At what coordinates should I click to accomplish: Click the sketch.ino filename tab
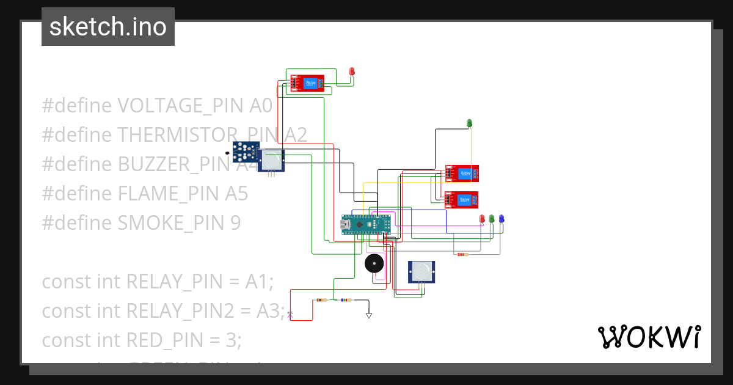pos(108,27)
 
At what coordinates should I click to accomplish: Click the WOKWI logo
pos(649,337)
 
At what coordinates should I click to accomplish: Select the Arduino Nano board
pos(365,224)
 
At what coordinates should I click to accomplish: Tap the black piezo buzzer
pos(374,264)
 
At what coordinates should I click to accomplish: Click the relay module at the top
pos(307,83)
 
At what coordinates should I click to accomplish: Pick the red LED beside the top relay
pos(352,72)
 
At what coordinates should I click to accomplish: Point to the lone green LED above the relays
pos(470,123)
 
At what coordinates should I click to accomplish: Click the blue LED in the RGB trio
pos(501,219)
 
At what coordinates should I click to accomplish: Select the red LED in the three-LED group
pos(482,219)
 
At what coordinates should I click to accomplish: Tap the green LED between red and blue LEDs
pos(492,219)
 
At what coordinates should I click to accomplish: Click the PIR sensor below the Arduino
pos(422,271)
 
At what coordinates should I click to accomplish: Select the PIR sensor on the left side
pos(272,160)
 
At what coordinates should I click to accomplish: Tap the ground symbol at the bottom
pos(368,315)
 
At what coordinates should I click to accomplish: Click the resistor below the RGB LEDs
pos(462,254)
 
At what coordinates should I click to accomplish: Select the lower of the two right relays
pos(461,200)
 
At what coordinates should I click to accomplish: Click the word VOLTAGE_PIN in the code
pos(181,106)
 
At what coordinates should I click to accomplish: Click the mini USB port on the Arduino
pos(345,225)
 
